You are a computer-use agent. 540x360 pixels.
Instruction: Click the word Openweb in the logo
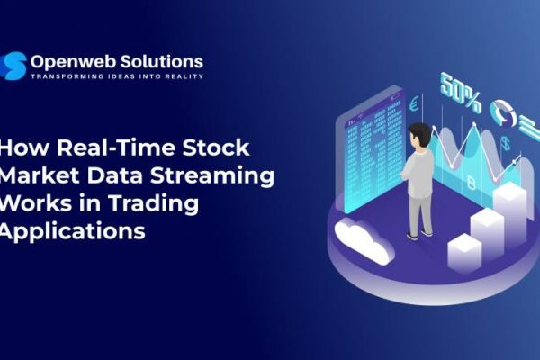(x=69, y=61)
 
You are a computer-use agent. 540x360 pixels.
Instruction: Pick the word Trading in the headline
(x=160, y=203)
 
